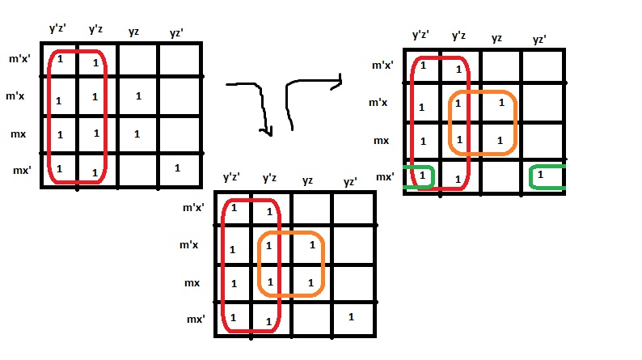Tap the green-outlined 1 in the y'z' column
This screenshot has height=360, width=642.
pos(421,176)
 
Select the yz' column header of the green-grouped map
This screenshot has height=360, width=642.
pos(539,39)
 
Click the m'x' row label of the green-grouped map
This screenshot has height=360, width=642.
pos(382,65)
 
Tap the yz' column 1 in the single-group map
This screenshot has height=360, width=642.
pos(177,168)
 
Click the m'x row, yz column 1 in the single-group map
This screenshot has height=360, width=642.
pos(138,96)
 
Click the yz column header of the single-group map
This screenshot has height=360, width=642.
pos(134,32)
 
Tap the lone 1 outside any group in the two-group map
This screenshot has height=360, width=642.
pos(351,316)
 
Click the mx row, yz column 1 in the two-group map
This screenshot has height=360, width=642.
pos(311,282)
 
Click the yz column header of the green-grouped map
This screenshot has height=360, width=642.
pos(497,39)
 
